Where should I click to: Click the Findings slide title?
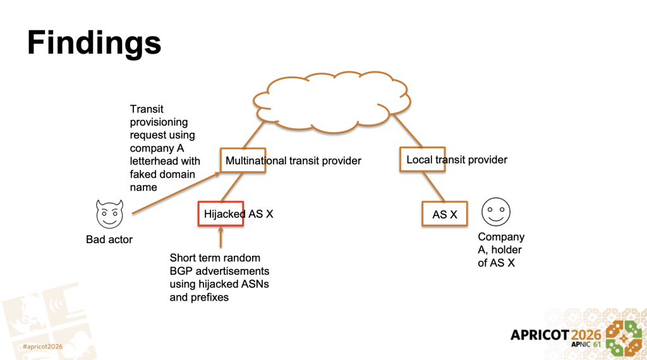point(94,44)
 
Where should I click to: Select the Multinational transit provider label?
point(293,160)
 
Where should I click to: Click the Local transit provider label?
point(457,160)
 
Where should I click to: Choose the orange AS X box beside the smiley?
point(444,214)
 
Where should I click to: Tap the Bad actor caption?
point(110,240)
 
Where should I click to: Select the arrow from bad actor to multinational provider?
point(177,193)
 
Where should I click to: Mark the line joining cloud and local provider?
point(402,133)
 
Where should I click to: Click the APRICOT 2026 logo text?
point(556,334)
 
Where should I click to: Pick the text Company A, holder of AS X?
point(501,249)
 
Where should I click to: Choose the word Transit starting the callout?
point(147,109)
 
